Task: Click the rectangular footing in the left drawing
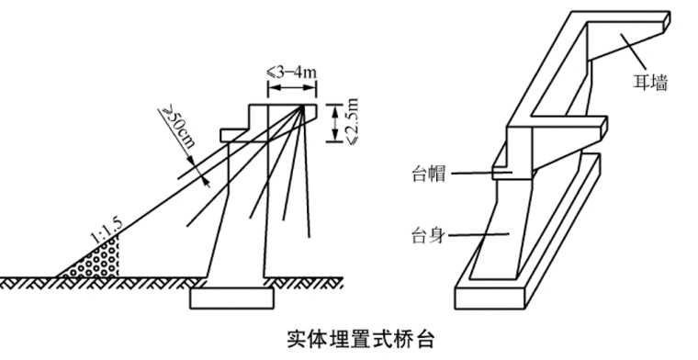(233, 297)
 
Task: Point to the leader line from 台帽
(473, 172)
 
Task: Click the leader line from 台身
(478, 234)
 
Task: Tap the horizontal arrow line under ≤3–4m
(291, 89)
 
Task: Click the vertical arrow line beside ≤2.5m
(332, 124)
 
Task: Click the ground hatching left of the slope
(28, 280)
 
